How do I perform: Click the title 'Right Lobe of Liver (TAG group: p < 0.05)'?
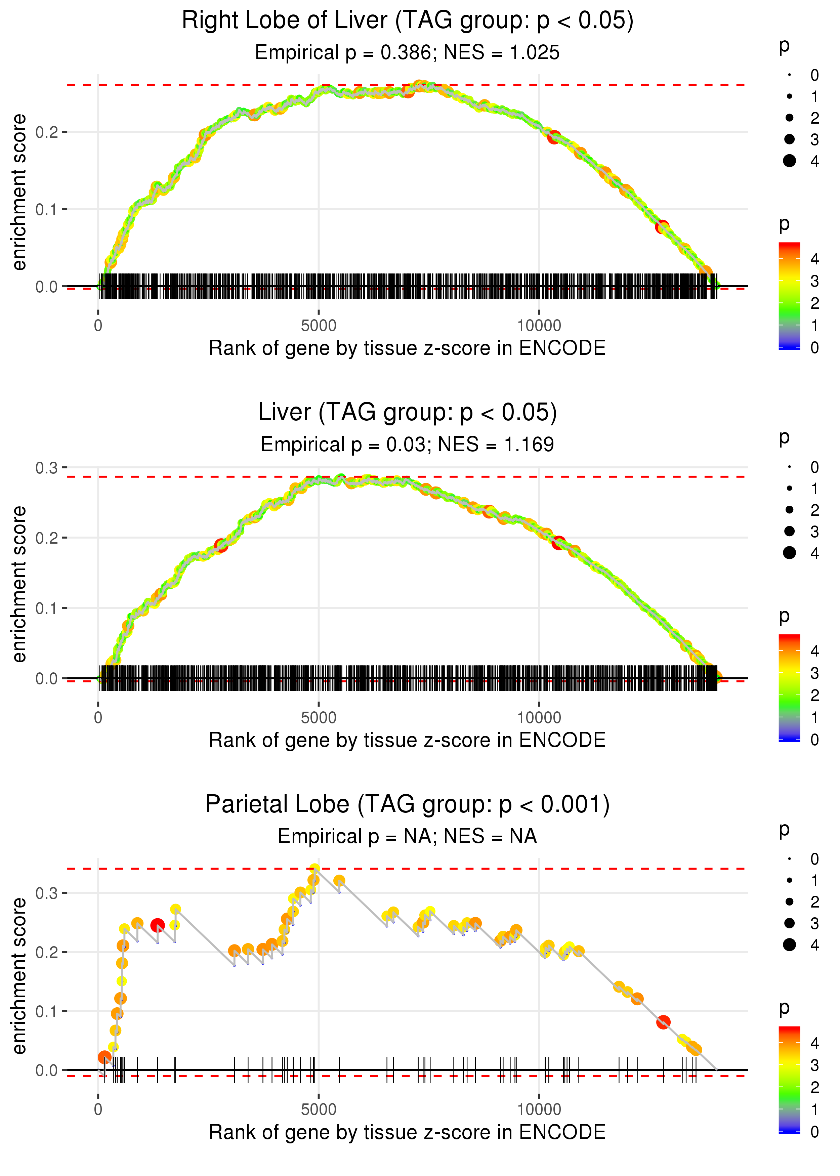[408, 21]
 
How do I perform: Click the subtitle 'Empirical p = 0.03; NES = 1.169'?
[407, 444]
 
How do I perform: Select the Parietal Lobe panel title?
[408, 804]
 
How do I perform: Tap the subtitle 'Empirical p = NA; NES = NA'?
[407, 836]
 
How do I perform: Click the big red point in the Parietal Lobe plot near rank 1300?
[158, 925]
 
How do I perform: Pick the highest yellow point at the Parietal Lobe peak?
[314, 869]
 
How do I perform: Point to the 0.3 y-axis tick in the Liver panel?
[47, 468]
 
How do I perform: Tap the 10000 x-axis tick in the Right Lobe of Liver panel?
[539, 326]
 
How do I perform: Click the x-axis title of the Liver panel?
[407, 740]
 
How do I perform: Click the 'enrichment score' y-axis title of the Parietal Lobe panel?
[19, 976]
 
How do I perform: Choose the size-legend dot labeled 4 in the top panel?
[789, 161]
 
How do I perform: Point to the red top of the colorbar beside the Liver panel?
[789, 639]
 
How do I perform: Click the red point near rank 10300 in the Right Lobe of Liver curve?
[554, 137]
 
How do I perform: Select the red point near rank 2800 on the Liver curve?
[221, 545]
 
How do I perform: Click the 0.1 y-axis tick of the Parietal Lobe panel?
[47, 1011]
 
